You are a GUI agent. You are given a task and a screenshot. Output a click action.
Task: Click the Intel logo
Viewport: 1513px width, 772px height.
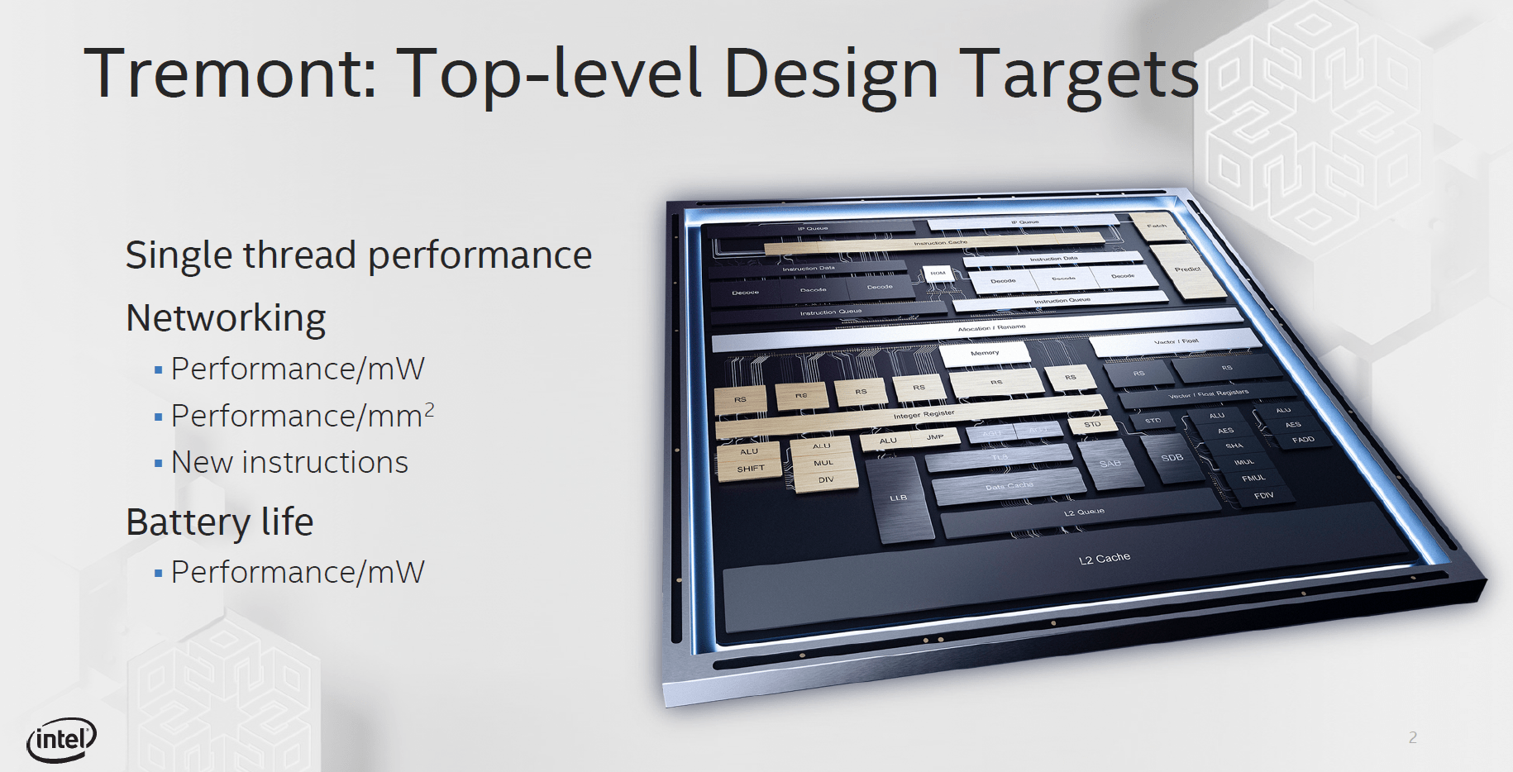click(62, 738)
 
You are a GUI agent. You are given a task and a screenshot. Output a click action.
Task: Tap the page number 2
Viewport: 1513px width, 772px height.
click(1412, 737)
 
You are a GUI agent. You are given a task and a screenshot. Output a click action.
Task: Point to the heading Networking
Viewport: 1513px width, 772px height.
click(226, 318)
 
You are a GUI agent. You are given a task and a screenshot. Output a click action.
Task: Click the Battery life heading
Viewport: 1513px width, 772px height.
click(219, 522)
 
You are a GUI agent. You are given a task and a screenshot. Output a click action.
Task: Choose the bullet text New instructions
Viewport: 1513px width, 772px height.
click(289, 463)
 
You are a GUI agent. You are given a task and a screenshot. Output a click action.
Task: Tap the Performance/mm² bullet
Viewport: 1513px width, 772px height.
click(302, 416)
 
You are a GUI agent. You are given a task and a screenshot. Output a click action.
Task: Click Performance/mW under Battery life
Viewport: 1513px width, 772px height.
click(298, 572)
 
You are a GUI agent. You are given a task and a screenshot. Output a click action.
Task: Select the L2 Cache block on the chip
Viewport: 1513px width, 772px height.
click(1104, 559)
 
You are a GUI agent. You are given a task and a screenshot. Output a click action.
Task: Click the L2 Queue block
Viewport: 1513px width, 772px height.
click(1083, 513)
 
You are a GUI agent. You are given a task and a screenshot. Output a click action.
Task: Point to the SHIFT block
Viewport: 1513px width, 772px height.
click(751, 469)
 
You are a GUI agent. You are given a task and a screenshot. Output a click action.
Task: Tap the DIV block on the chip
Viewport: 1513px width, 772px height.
click(826, 480)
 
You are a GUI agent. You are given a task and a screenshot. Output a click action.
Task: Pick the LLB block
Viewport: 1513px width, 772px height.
click(899, 498)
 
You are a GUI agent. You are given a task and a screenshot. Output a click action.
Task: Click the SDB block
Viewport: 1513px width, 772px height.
click(1172, 458)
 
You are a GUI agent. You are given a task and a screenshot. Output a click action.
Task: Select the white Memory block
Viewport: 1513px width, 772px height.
click(985, 353)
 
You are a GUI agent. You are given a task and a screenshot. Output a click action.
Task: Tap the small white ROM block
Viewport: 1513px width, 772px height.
click(938, 273)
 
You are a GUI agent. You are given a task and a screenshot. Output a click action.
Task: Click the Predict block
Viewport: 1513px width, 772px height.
click(1187, 269)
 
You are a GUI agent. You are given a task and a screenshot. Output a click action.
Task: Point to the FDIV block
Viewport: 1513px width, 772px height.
click(1263, 496)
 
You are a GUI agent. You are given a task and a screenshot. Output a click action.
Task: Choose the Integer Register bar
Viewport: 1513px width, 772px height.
click(924, 413)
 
